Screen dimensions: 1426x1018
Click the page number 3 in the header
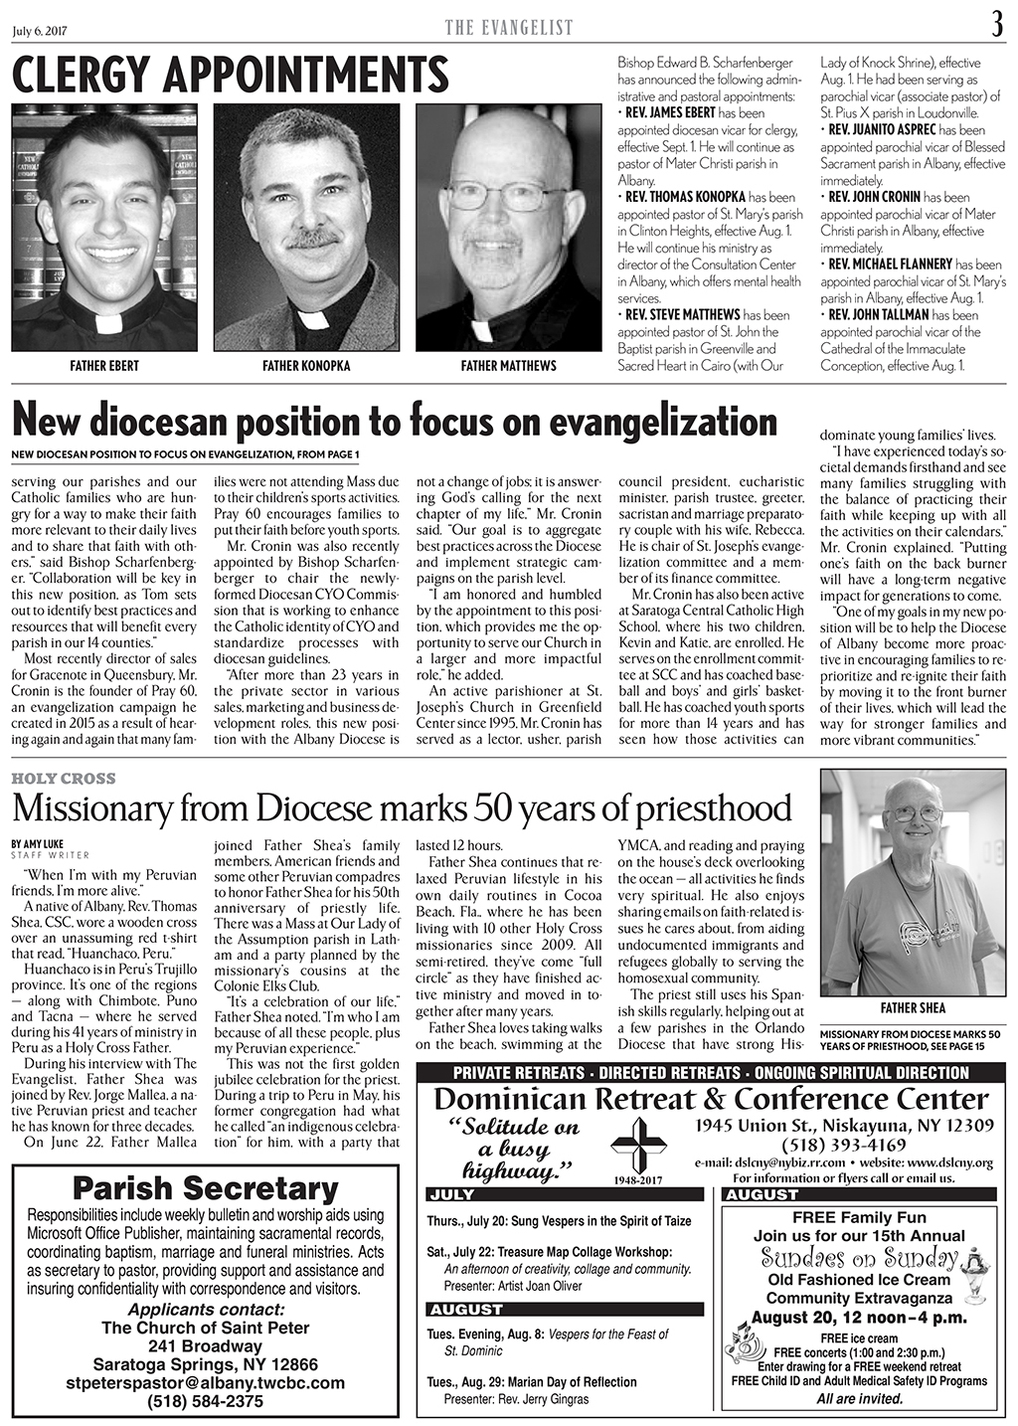(997, 25)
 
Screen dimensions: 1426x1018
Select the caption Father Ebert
(103, 366)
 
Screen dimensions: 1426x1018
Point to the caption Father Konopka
(306, 366)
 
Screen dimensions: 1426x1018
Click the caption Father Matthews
(508, 366)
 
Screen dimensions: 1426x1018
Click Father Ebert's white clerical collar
(109, 323)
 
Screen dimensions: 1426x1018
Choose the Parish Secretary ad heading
(206, 1188)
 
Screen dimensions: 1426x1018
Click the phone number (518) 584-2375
(206, 1401)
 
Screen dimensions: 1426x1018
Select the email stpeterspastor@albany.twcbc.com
(206, 1382)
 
